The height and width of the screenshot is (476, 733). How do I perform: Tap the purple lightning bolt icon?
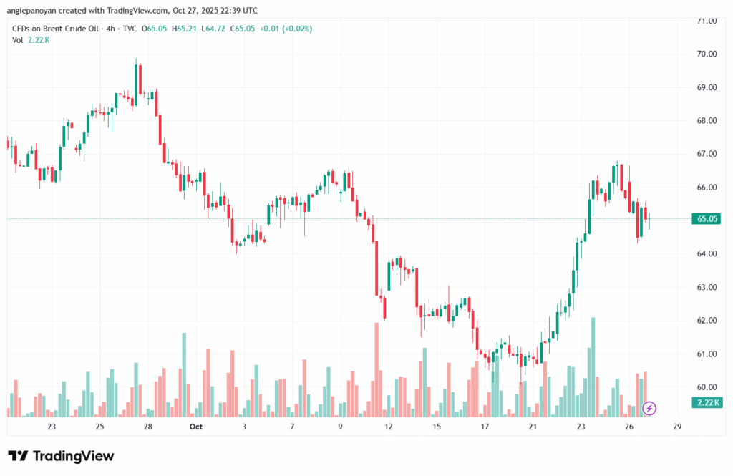[649, 408]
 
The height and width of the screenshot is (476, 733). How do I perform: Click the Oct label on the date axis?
[196, 427]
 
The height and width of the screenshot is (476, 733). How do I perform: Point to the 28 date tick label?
[147, 427]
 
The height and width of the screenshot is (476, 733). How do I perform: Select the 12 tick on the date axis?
[389, 427]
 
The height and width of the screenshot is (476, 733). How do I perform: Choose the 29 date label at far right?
[677, 427]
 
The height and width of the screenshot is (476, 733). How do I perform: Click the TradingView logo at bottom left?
[61, 456]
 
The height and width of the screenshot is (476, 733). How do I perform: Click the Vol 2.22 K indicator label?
[31, 40]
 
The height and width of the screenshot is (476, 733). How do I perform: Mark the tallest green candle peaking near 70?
[136, 82]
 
